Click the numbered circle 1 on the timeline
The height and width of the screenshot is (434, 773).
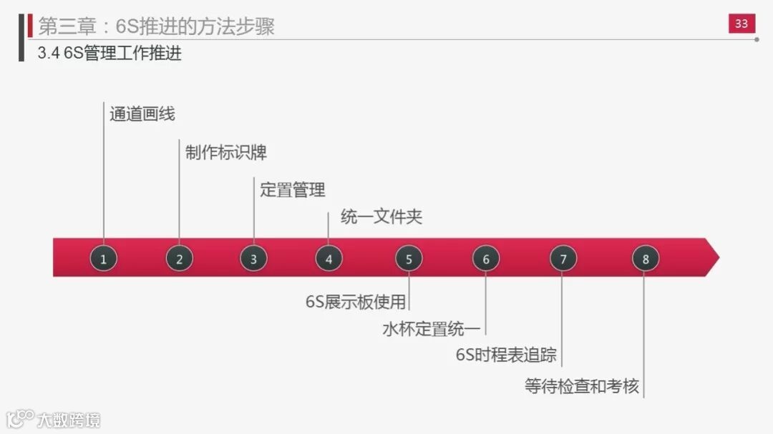coord(104,258)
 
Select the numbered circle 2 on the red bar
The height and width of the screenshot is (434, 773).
coord(179,258)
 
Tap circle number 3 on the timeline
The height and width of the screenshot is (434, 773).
coord(253,258)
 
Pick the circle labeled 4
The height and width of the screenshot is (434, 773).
coord(329,258)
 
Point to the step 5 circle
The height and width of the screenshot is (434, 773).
coord(409,258)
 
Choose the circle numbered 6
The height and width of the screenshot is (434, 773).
coord(486,258)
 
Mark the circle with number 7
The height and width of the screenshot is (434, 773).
coord(563,258)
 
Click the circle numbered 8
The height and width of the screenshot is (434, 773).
coord(645,258)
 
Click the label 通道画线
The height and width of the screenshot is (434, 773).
coord(142,114)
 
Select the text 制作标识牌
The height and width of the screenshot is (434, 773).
coord(225,152)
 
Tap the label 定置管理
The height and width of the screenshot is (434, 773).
coord(292,189)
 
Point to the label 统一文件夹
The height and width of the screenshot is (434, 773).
coord(381,217)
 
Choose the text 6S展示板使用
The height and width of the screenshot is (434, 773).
coord(356,301)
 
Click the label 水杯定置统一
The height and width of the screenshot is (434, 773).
coord(432,329)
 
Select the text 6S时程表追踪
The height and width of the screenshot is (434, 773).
coord(506,355)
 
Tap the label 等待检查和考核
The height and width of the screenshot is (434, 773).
coord(581,387)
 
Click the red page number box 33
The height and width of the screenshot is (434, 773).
coord(742,24)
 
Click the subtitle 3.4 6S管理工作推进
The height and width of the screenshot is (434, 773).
coord(110,53)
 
